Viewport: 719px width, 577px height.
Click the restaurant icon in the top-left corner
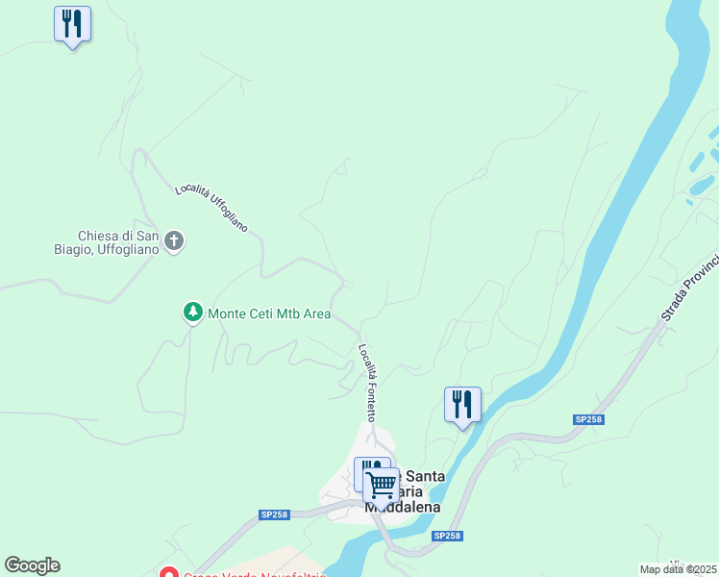pos(72,24)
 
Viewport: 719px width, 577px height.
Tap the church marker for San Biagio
pos(174,240)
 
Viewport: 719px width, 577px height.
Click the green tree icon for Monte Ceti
pos(193,313)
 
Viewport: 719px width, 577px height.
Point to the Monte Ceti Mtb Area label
pos(269,314)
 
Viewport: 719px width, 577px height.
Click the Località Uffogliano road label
pos(211,208)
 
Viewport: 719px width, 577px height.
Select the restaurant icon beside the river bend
pos(462,405)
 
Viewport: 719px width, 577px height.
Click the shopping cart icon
pos(382,485)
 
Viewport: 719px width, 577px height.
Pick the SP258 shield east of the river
pos(588,419)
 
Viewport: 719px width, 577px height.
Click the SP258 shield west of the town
pos(274,514)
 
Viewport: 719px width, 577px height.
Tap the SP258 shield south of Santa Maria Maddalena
pos(446,536)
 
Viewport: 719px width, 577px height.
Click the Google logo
pos(32,565)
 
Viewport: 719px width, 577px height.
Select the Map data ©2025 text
pos(679,569)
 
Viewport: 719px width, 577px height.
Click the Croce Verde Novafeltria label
pos(255,575)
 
